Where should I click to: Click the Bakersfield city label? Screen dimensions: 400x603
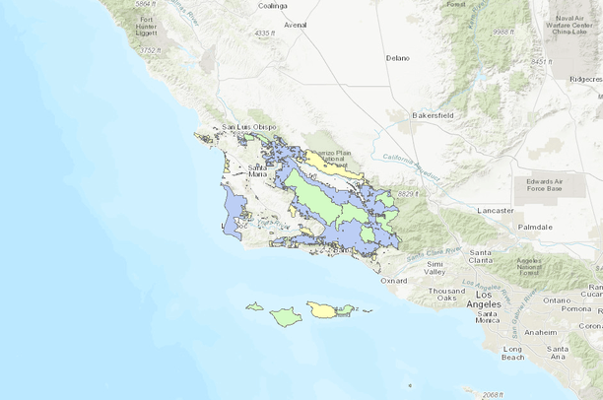[x=437, y=114]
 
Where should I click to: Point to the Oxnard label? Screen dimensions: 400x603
[x=392, y=281]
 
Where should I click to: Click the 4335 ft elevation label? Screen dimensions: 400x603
[x=262, y=33]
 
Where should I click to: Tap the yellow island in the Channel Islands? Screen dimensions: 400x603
[x=324, y=310]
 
